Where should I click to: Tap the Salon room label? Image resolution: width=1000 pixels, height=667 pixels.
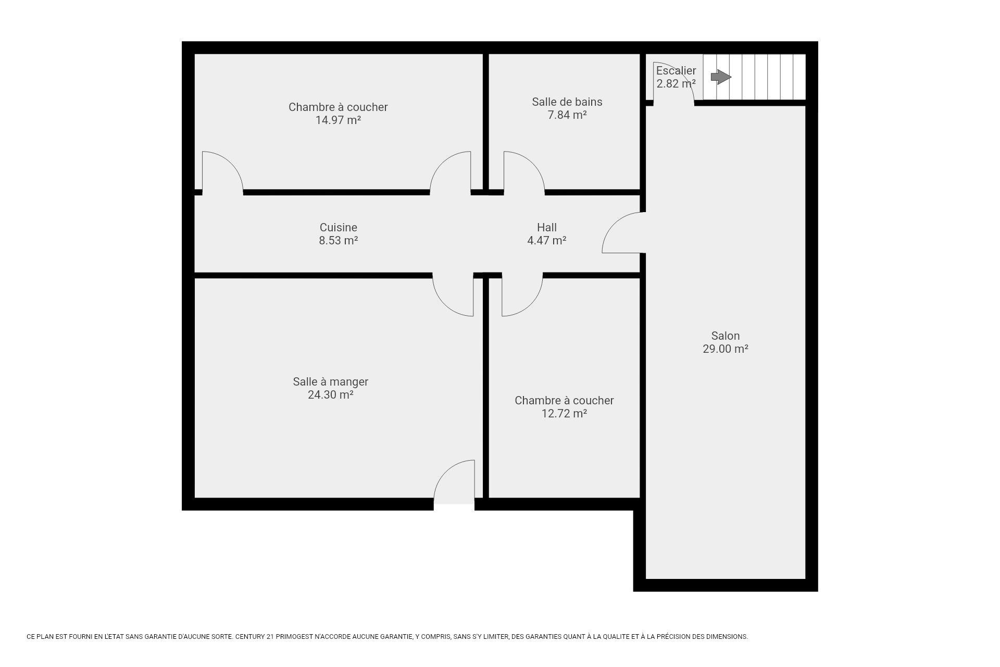726,336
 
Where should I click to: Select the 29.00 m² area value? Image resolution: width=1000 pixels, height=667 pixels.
726,349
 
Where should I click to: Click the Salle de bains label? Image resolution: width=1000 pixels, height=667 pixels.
567,102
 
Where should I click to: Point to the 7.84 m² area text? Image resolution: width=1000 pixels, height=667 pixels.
567,115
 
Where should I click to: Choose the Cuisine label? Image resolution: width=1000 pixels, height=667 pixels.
339,228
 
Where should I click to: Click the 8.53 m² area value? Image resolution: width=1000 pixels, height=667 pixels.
339,241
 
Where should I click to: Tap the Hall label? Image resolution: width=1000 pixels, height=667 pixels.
547,228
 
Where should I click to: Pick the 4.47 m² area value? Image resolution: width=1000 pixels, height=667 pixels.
547,241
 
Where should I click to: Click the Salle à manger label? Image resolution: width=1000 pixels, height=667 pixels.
331,382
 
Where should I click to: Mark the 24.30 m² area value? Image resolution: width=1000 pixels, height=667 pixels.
331,395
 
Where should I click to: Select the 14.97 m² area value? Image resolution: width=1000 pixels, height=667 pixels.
339,120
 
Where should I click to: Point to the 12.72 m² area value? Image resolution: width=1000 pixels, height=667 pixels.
565,414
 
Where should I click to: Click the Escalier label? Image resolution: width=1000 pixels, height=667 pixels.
676,71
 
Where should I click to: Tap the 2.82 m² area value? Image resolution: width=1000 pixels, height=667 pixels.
676,84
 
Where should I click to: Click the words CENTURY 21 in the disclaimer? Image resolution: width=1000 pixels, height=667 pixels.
254,637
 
